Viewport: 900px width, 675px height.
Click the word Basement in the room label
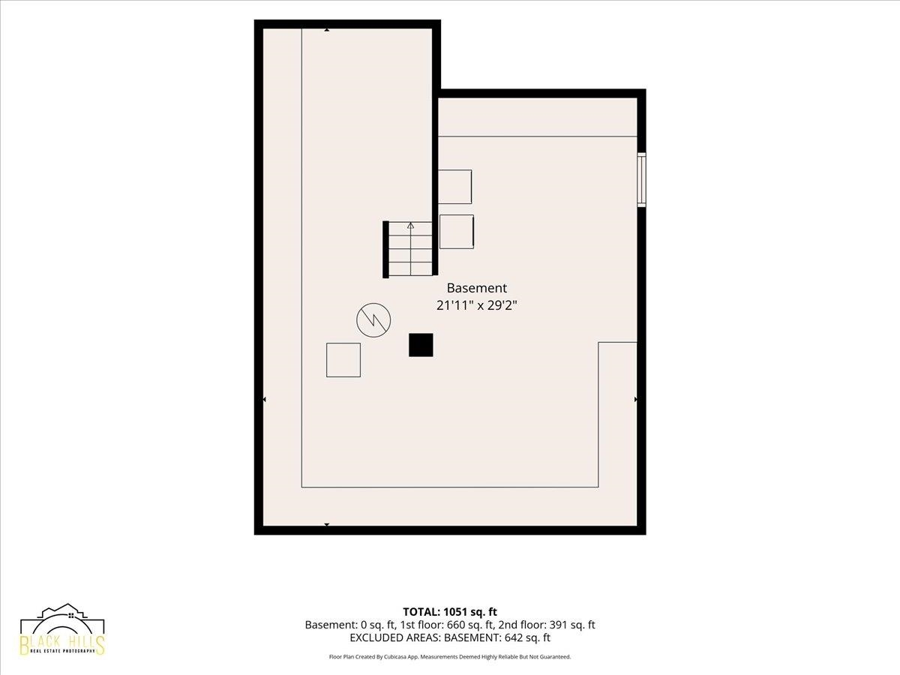coord(476,288)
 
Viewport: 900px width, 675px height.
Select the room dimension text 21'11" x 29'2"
coord(476,306)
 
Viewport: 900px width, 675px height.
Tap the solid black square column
coord(421,345)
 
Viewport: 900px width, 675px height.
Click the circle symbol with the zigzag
coord(373,320)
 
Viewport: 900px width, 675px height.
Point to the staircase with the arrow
coord(410,249)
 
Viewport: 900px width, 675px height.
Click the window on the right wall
coord(641,180)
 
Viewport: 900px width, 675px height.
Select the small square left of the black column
coord(343,360)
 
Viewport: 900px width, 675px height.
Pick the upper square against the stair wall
coord(454,187)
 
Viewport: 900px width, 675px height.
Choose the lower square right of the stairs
coord(457,232)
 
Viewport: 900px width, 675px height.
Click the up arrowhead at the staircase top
coord(410,226)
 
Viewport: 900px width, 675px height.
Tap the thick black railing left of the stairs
coord(385,250)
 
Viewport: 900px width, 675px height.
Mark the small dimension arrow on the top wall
coord(327,29)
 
